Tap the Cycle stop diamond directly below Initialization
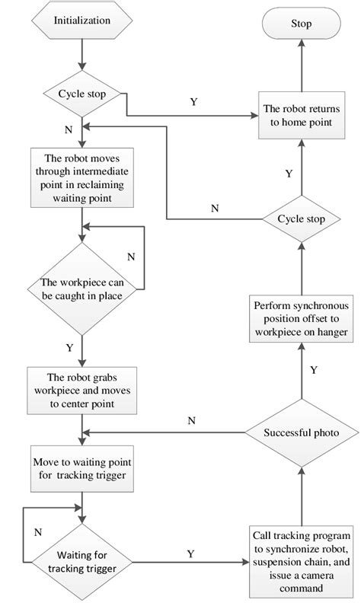[81, 94]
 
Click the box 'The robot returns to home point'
[301, 116]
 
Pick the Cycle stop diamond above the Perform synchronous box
[301, 219]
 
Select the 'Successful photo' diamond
[301, 432]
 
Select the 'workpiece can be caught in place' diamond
[81, 290]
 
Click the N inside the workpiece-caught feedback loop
[130, 257]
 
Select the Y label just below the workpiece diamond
[69, 346]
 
